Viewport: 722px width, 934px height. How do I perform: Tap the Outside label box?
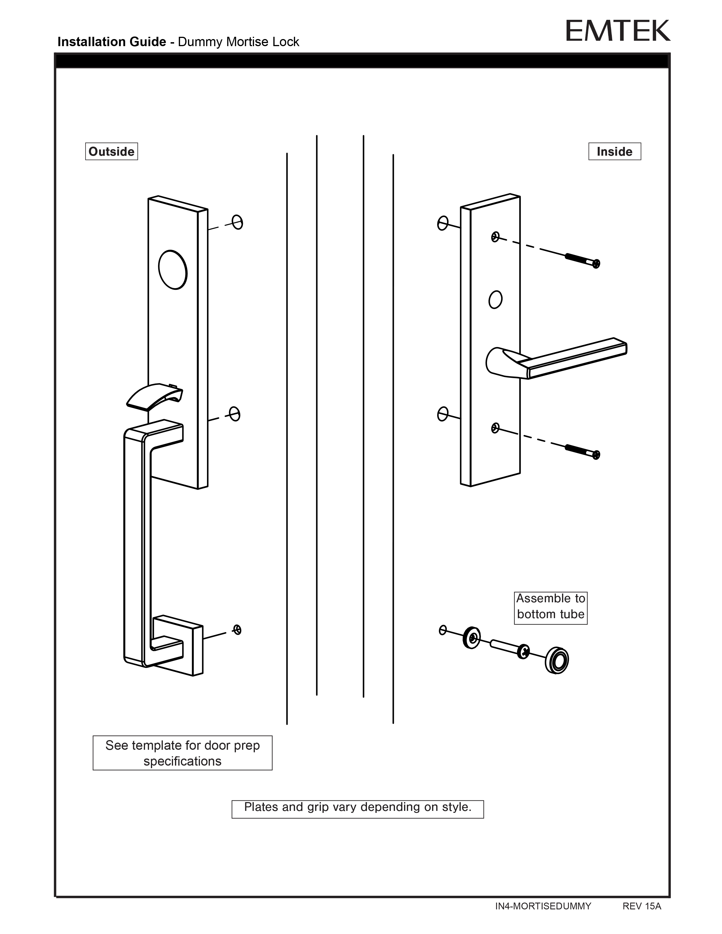(x=111, y=151)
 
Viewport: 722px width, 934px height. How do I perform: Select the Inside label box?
(x=614, y=151)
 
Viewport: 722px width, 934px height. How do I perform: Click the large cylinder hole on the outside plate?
(x=173, y=269)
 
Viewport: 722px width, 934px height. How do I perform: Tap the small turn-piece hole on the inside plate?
(x=495, y=299)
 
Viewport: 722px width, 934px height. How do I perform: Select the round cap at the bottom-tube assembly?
(x=557, y=661)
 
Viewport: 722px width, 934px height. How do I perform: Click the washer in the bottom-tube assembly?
(x=472, y=638)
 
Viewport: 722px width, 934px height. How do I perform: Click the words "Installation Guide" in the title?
(x=112, y=42)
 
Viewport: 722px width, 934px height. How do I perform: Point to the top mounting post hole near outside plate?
(x=237, y=222)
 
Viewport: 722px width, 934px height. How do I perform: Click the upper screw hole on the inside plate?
(x=495, y=237)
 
